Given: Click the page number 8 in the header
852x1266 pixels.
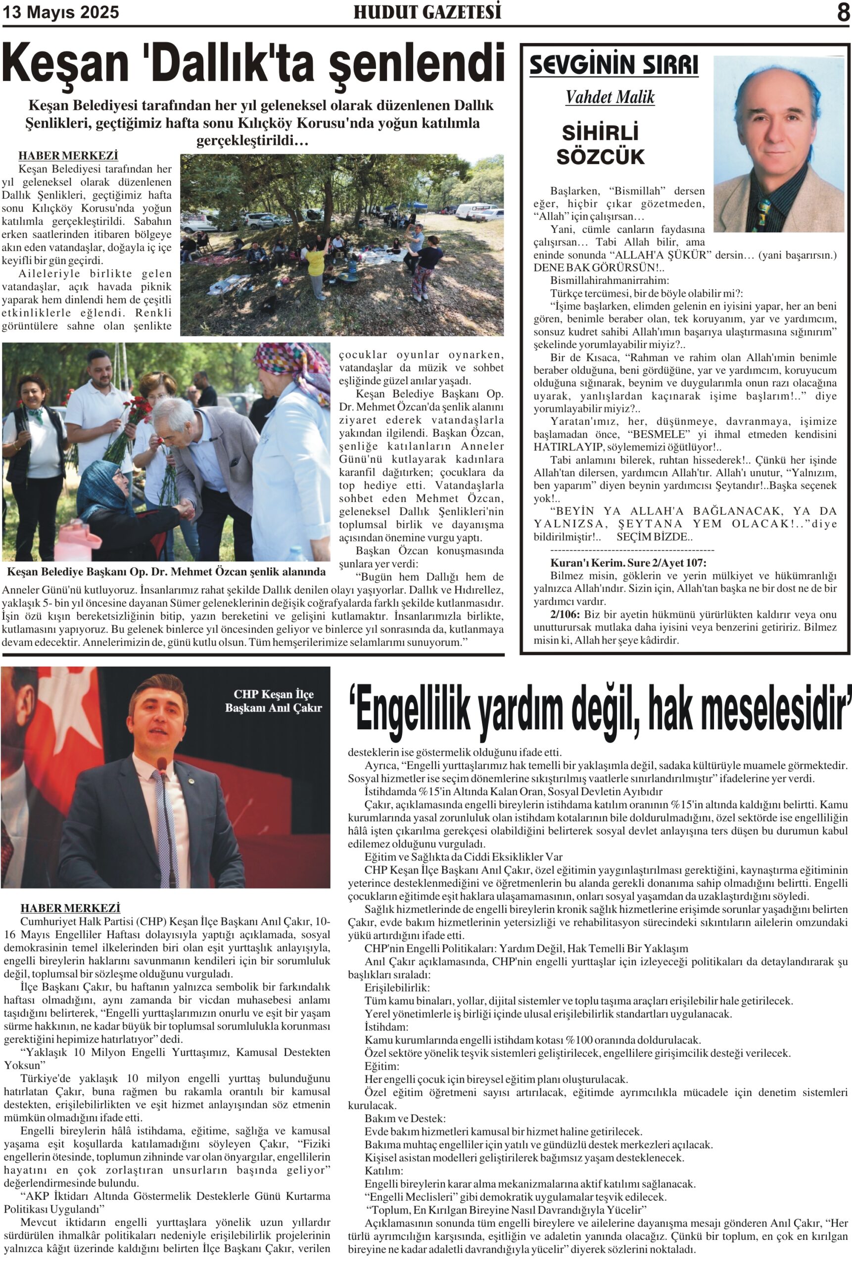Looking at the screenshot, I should pos(843,12).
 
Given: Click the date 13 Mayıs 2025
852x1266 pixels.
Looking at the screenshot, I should pos(60,12).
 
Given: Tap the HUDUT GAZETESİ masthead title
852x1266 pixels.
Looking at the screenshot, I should pos(427,12).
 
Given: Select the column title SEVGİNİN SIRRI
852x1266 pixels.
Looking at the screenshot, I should pos(614,65).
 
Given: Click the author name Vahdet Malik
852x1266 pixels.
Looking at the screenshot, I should pos(610,97).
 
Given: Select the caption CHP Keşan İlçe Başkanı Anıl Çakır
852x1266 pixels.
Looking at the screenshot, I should pos(273,701).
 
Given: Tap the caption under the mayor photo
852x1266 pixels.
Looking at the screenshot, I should pos(166,571).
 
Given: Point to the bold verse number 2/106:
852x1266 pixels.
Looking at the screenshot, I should pos(565,614).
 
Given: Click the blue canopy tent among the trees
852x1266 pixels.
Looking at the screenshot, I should pos(418,206).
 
